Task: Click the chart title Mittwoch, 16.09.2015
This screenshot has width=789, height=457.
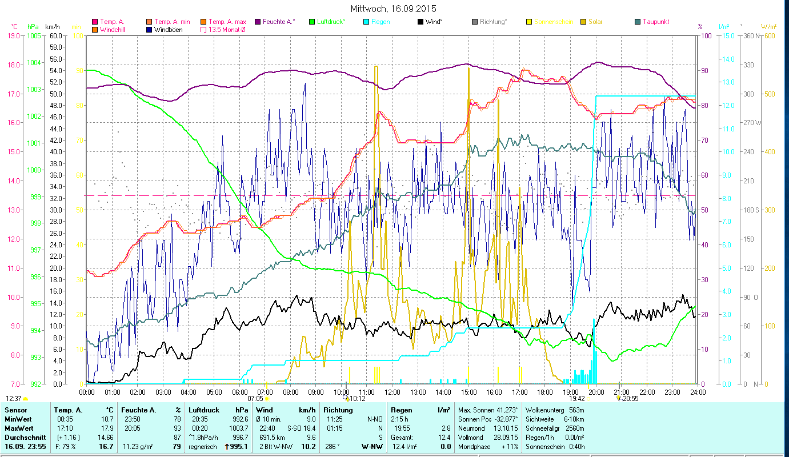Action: (394, 9)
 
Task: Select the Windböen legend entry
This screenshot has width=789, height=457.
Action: (168, 30)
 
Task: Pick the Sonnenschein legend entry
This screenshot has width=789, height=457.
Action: (549, 22)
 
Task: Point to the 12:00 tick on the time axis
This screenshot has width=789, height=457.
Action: (393, 392)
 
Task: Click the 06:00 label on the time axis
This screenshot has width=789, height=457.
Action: (240, 392)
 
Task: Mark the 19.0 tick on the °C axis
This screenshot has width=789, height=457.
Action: (13, 36)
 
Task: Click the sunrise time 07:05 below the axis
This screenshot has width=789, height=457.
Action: (255, 399)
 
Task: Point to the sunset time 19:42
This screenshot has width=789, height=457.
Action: (576, 399)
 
